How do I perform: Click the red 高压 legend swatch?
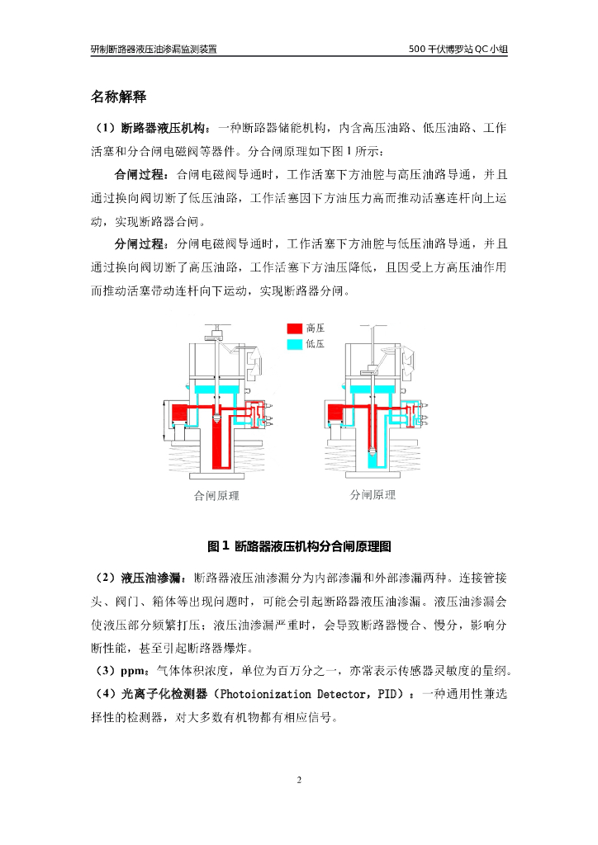pyautogui.click(x=293, y=328)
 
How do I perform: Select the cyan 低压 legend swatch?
pyautogui.click(x=293, y=344)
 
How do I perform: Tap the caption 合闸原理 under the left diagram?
pyautogui.click(x=216, y=497)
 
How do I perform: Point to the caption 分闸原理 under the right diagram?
pyautogui.click(x=373, y=496)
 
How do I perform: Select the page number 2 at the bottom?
pyautogui.click(x=299, y=780)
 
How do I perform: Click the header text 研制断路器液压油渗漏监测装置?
pyautogui.click(x=154, y=49)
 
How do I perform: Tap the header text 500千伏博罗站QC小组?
pyautogui.click(x=458, y=49)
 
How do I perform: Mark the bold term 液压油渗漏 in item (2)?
pyautogui.click(x=154, y=576)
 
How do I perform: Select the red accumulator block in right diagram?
pyautogui.click(x=338, y=413)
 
